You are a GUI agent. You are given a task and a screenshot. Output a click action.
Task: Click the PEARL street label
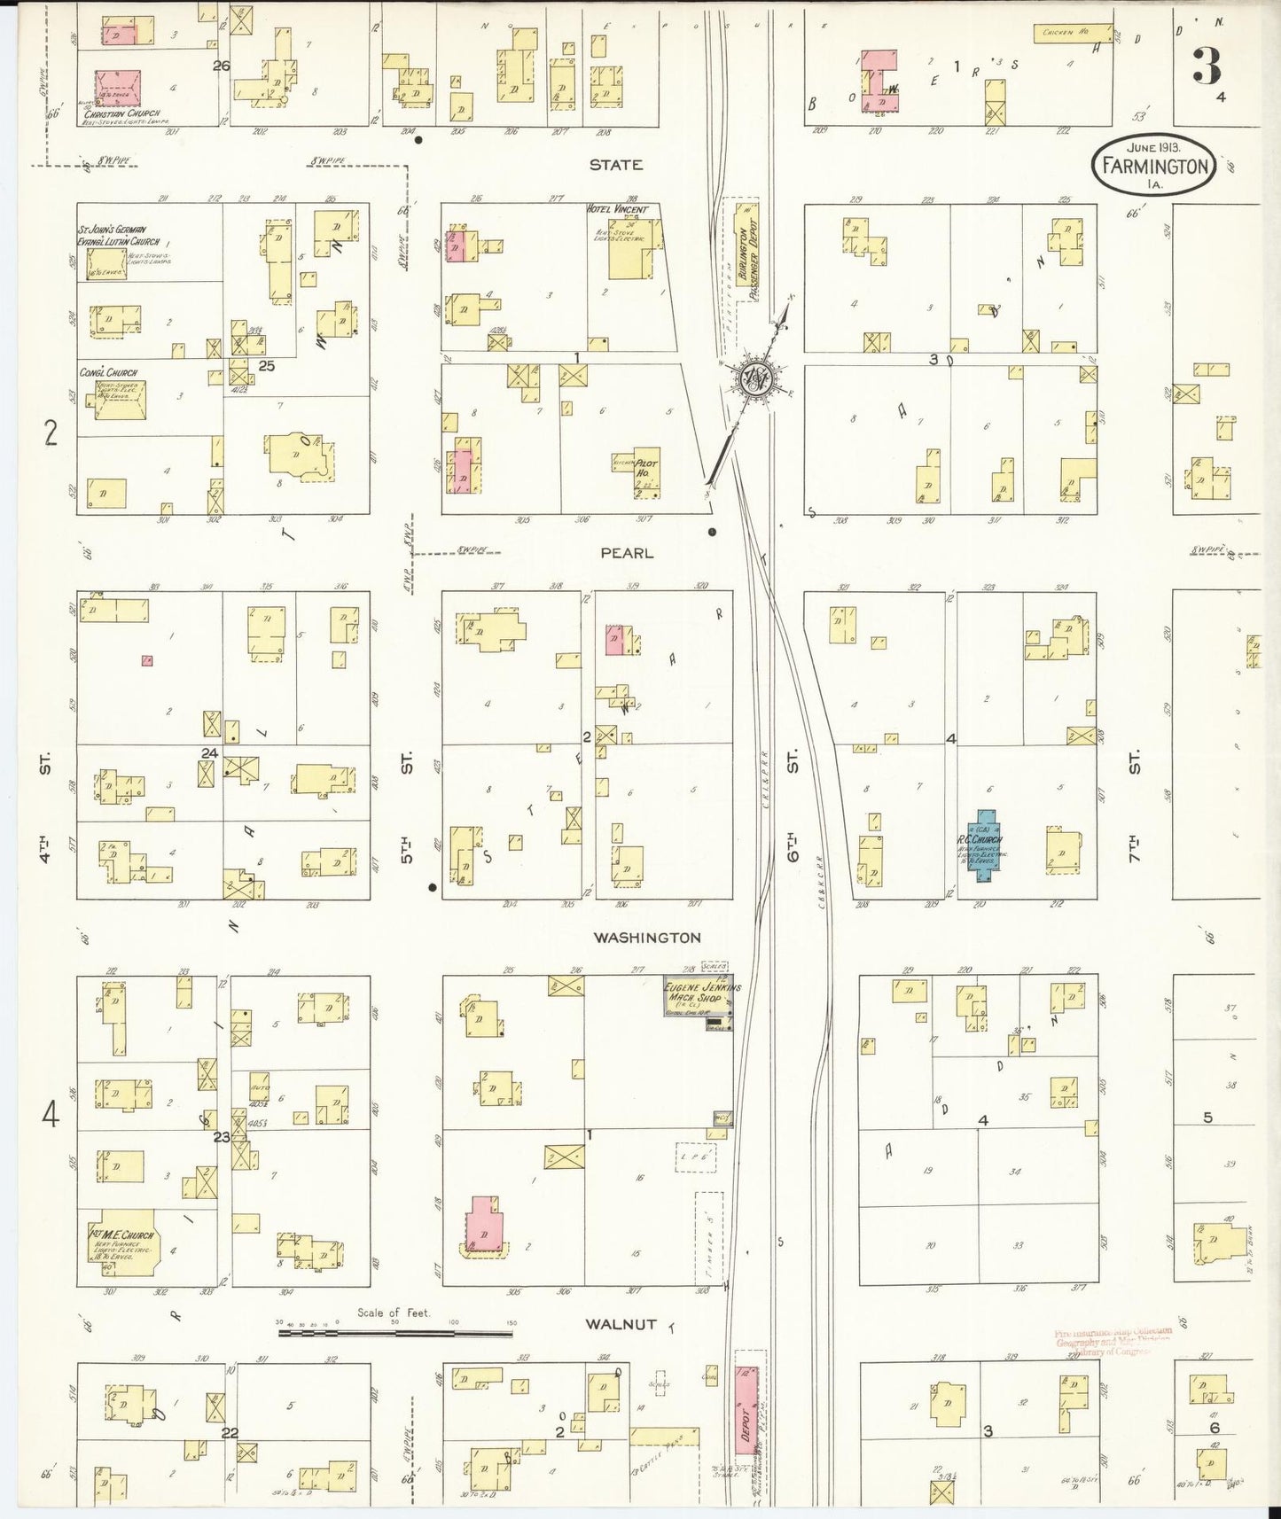point(627,553)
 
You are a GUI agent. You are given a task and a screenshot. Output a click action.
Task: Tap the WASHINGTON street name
point(647,938)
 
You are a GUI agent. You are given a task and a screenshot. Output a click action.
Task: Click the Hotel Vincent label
point(618,210)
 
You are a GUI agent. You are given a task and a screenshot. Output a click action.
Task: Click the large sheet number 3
point(1207,65)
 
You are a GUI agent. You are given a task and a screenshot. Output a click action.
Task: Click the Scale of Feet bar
point(395,1332)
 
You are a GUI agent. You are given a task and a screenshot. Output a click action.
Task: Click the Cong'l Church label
point(108,373)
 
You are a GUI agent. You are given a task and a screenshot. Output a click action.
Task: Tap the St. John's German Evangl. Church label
point(120,236)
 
